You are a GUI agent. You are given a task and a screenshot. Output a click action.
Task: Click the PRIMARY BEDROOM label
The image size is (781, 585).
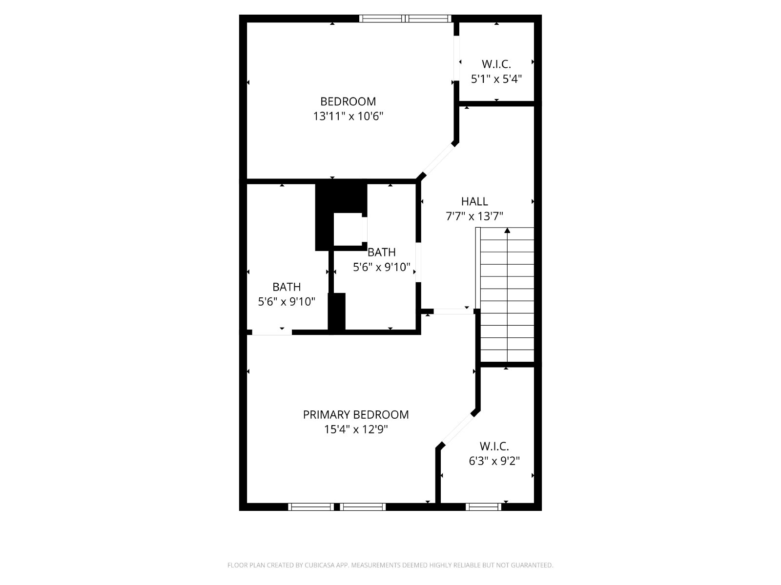click(355, 414)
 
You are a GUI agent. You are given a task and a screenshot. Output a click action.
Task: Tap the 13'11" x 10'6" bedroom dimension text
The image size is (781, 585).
click(348, 116)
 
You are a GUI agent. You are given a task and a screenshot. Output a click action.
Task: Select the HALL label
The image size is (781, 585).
click(474, 201)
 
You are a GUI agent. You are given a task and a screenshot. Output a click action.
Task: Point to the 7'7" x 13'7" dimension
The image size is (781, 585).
click(474, 216)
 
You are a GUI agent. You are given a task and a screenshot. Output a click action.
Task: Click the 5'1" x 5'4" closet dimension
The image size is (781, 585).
click(496, 79)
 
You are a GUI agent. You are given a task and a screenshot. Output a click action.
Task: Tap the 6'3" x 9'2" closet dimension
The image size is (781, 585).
click(494, 461)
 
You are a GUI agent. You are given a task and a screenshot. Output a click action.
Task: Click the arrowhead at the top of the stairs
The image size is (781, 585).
click(507, 231)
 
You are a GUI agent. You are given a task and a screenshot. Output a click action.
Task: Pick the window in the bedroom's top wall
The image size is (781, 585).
click(405, 19)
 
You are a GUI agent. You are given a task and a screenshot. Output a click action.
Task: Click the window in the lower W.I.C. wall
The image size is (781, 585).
click(484, 507)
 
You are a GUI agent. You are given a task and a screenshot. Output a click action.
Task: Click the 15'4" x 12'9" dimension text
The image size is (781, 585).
click(355, 429)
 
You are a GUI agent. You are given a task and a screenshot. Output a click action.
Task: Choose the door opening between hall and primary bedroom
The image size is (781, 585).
click(453, 312)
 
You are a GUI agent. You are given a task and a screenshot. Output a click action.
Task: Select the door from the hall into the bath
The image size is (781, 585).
click(418, 262)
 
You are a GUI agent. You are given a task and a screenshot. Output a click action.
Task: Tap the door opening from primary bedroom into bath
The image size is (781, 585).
click(272, 332)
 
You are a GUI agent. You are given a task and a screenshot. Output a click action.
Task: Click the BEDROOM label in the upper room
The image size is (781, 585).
click(348, 101)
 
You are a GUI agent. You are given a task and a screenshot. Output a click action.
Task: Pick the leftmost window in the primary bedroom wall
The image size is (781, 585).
click(311, 507)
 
